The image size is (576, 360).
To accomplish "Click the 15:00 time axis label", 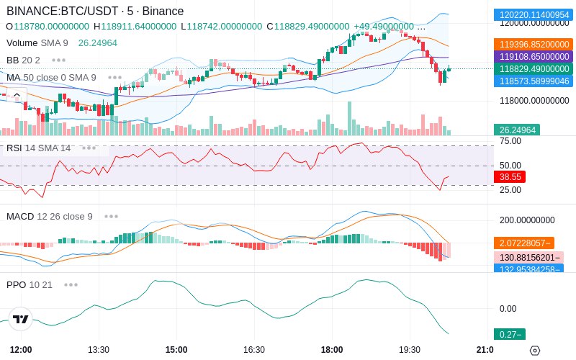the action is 176,350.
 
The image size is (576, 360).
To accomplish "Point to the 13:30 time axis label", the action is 99,350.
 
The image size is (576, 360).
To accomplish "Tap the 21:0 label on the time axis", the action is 485,350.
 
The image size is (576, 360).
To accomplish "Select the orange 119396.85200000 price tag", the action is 534,45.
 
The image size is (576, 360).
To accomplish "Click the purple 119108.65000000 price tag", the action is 534,57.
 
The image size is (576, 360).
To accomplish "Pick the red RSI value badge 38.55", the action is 510,176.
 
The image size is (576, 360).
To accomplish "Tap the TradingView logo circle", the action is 21,319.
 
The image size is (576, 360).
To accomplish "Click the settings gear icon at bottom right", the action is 535,351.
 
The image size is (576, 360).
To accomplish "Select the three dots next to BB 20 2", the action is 59,60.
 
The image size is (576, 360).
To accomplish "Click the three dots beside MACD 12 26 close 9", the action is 111,217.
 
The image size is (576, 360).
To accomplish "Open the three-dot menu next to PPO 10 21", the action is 71,284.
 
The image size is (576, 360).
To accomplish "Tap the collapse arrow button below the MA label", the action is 17,96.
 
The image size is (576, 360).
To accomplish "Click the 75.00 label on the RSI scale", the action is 510,141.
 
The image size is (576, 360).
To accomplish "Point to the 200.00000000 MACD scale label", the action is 527,220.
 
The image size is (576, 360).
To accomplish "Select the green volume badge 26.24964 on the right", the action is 517,130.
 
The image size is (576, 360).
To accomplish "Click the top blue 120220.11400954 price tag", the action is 534,14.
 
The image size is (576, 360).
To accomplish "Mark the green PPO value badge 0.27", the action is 510,334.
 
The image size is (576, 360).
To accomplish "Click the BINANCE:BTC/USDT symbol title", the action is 63,11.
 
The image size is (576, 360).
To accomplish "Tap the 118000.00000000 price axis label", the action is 534,101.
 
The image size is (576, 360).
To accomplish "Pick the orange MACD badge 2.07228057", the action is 524,243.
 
